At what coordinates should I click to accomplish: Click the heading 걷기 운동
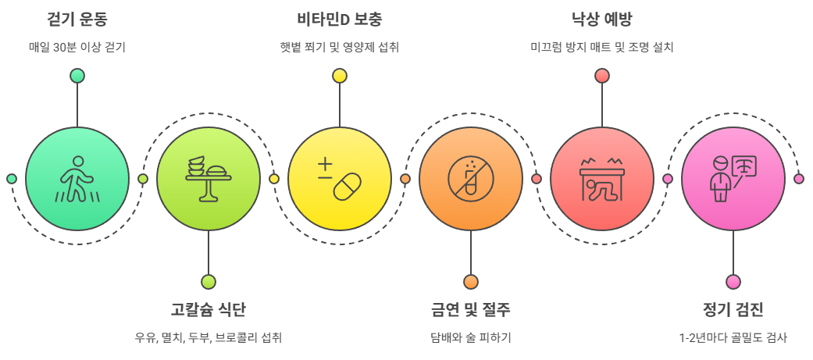click(77, 19)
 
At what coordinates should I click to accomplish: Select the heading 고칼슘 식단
click(208, 309)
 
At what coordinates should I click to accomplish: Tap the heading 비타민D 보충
click(339, 19)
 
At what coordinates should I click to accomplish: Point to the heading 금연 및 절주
click(470, 309)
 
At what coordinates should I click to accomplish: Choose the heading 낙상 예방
click(601, 19)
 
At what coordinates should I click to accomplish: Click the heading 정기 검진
click(733, 309)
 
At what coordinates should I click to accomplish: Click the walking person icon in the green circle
click(77, 179)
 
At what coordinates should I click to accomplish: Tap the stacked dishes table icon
click(208, 179)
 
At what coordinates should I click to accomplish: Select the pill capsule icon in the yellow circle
click(339, 179)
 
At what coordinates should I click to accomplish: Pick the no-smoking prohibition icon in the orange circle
click(470, 179)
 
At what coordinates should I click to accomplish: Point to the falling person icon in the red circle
click(601, 179)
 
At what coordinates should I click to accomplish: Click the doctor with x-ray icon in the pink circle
click(733, 179)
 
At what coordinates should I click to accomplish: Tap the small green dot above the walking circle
click(77, 76)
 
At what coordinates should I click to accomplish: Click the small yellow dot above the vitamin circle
click(339, 76)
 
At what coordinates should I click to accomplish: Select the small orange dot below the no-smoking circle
click(470, 282)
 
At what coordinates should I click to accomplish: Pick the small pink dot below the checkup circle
click(733, 282)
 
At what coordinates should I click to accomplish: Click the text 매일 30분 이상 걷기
click(77, 47)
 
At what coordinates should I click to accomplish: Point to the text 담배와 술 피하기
click(470, 338)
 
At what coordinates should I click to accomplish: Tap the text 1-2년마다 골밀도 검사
click(733, 338)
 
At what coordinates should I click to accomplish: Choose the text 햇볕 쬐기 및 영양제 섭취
click(339, 47)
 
